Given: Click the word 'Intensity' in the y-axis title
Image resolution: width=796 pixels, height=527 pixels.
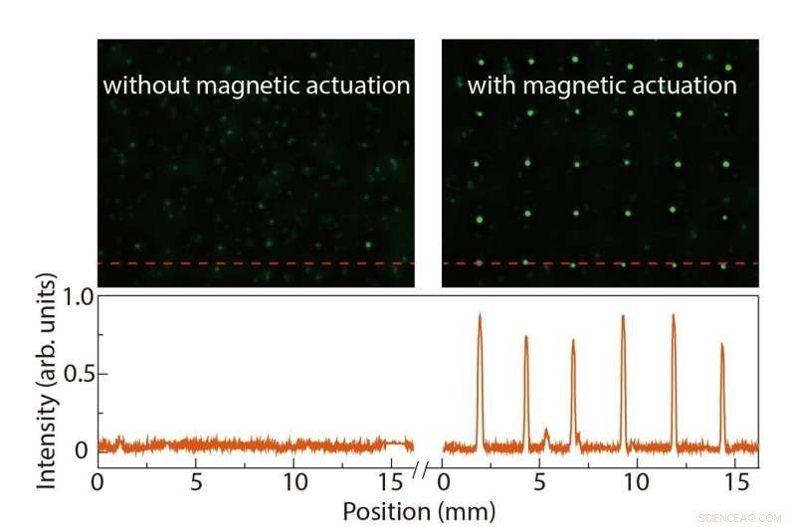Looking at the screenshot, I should coord(47,438).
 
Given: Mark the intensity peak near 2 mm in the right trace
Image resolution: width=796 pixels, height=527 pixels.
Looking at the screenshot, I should coord(480,316).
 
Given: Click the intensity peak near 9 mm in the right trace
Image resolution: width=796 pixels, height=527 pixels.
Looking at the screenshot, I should coord(623,318).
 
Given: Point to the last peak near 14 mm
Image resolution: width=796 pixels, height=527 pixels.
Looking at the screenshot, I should coord(721,346).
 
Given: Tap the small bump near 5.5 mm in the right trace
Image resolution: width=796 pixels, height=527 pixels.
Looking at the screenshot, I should coord(545,432).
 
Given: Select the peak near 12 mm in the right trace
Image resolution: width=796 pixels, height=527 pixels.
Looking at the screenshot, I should coord(674,317).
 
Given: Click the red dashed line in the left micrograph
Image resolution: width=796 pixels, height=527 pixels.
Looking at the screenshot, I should coord(256,263).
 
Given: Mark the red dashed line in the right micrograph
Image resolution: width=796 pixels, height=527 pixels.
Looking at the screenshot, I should coord(600,263).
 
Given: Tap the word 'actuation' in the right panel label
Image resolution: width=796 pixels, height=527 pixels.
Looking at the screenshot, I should coord(686,86).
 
